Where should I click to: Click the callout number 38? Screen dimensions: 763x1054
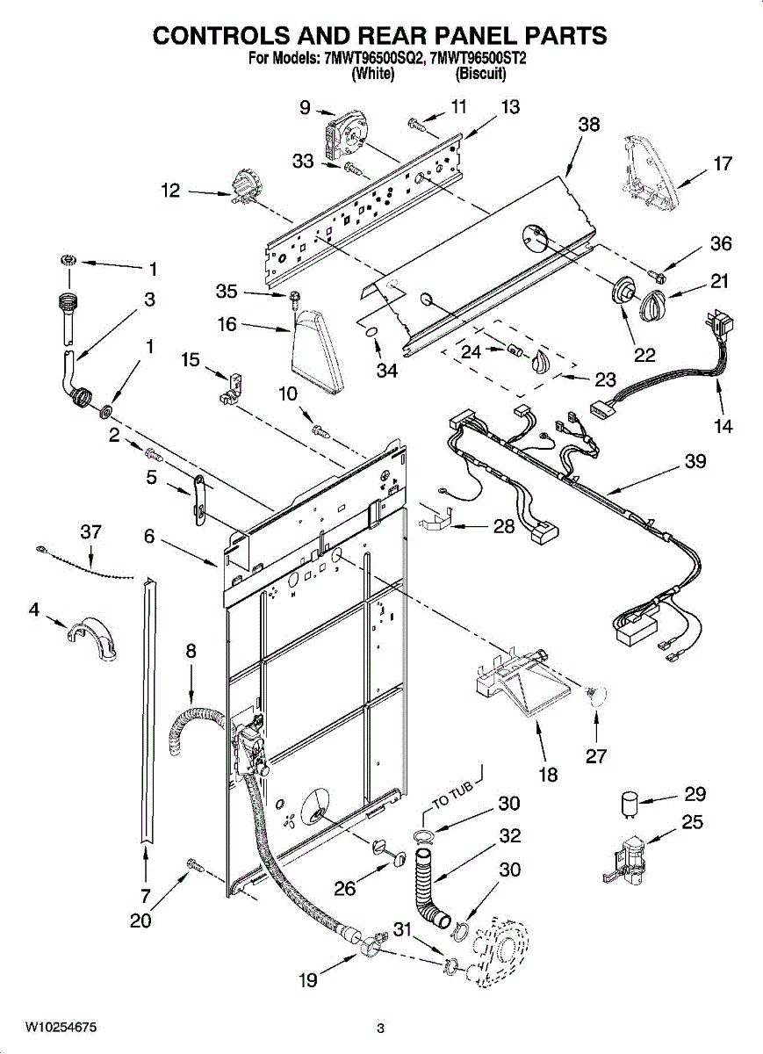click(589, 125)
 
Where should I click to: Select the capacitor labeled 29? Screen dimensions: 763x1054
click(629, 805)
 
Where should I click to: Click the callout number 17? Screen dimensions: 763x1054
click(723, 163)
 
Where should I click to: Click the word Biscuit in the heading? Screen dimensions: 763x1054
click(481, 74)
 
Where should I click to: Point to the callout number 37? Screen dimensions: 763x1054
click(90, 531)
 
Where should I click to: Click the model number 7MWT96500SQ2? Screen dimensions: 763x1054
click(371, 58)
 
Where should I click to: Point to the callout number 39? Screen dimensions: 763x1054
click(695, 461)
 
